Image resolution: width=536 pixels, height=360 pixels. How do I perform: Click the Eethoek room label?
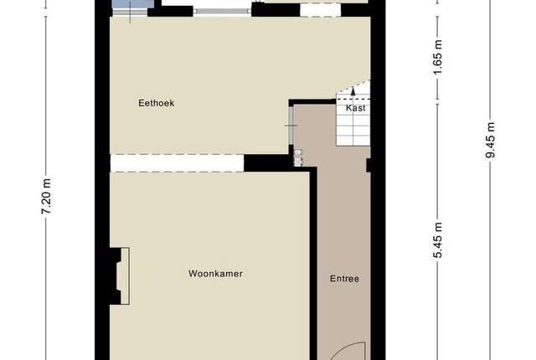(157, 103)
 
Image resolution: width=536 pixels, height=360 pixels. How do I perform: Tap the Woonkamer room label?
(216, 274)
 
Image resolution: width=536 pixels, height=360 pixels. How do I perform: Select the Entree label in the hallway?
(344, 279)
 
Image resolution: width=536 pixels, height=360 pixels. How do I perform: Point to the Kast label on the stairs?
(356, 108)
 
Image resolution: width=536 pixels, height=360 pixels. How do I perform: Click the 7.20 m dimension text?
(46, 197)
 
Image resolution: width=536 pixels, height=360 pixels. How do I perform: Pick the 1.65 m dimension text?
(438, 57)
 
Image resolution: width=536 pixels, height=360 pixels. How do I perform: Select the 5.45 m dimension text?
(438, 240)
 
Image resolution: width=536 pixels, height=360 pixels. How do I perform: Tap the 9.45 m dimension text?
(490, 140)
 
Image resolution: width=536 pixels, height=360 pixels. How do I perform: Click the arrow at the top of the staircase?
(353, 90)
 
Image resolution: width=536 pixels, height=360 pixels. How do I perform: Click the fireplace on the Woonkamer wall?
(119, 276)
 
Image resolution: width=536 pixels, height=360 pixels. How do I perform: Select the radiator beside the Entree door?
(298, 157)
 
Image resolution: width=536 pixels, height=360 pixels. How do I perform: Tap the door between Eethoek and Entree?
(291, 126)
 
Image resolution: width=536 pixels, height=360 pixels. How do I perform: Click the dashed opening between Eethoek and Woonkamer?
(177, 163)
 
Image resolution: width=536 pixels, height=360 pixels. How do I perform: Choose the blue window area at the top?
(132, 4)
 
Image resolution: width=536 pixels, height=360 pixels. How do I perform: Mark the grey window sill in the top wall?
(222, 11)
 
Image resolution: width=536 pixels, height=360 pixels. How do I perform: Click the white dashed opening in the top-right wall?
(320, 9)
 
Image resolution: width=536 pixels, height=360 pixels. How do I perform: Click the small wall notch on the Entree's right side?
(368, 165)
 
